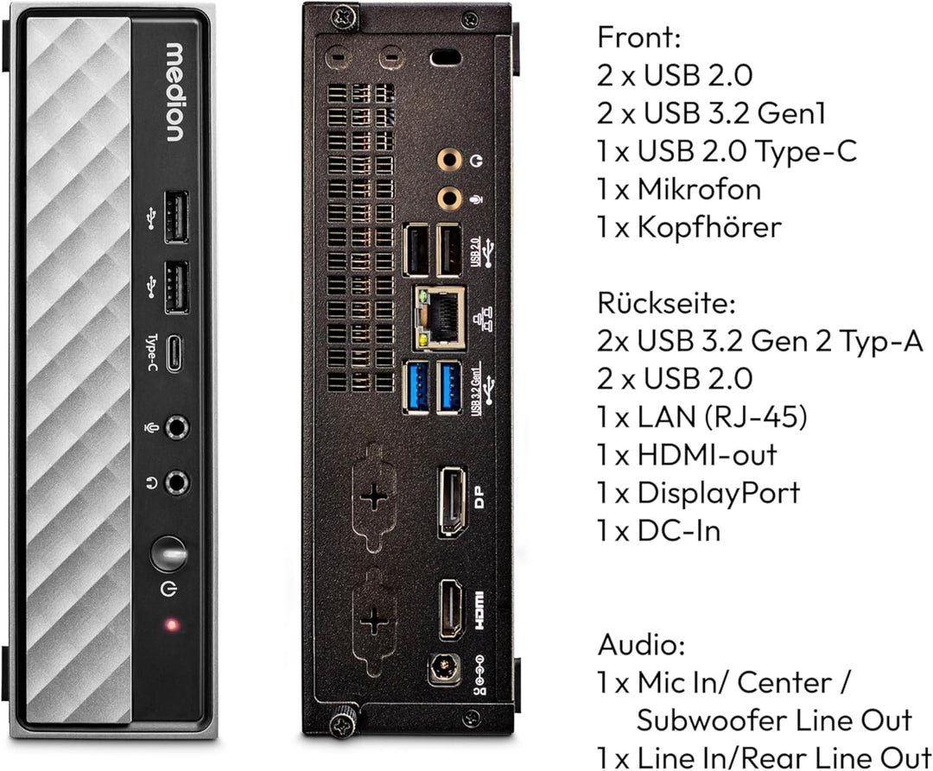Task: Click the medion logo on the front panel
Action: [174, 92]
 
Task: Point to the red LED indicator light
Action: [173, 623]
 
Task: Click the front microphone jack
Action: [177, 427]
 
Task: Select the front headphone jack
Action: [177, 483]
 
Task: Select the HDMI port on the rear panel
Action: [452, 610]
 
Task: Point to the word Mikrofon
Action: [700, 189]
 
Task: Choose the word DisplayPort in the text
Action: [719, 492]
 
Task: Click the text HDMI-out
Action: [707, 454]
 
